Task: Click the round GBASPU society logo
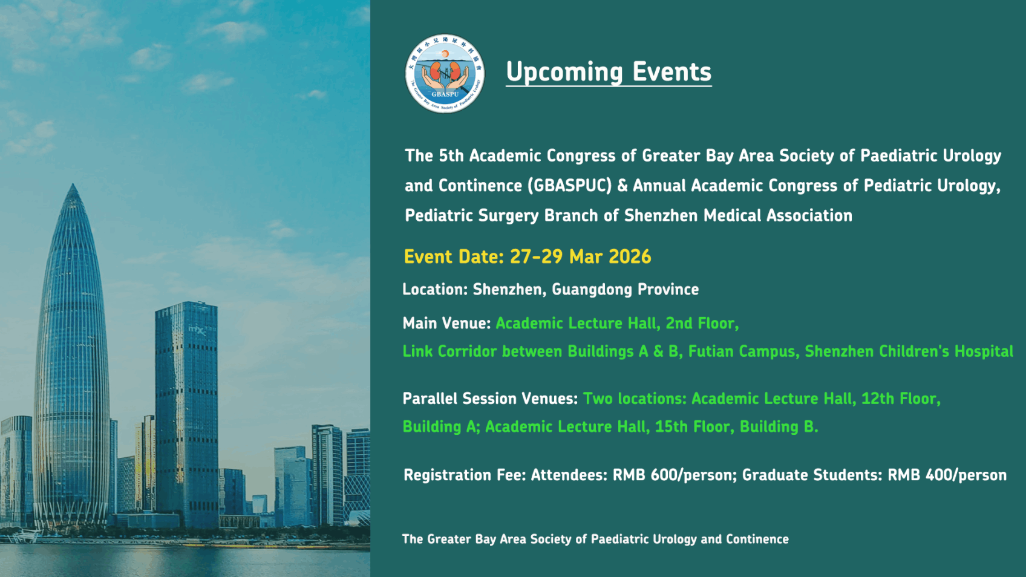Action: click(x=445, y=74)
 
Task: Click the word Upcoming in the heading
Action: click(x=564, y=72)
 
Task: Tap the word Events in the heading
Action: click(x=671, y=72)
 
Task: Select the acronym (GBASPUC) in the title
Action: click(x=570, y=186)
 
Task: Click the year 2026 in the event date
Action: click(x=630, y=257)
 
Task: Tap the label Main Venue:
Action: click(x=446, y=324)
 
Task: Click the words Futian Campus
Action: click(x=742, y=351)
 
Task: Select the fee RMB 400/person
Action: click(x=947, y=475)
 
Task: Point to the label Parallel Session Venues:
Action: click(x=490, y=399)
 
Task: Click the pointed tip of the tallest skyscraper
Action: click(x=73, y=186)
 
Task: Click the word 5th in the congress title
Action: click(x=451, y=156)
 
